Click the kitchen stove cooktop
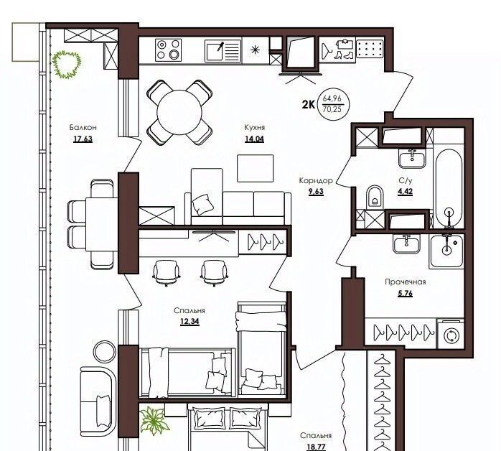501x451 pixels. pyautogui.click(x=168, y=50)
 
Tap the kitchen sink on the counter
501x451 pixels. pyautogui.click(x=223, y=51)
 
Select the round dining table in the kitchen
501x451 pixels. pyautogui.click(x=179, y=112)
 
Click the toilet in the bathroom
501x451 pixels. pyautogui.click(x=375, y=196)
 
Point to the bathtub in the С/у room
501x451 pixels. pyautogui.click(x=449, y=188)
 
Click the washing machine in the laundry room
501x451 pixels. pyautogui.click(x=451, y=335)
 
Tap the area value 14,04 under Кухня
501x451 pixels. pyautogui.click(x=254, y=139)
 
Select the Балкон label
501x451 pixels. pyautogui.click(x=83, y=128)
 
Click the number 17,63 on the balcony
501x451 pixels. pyautogui.click(x=83, y=139)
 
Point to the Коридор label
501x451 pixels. pyautogui.click(x=316, y=180)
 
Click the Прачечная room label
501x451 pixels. pyautogui.click(x=405, y=282)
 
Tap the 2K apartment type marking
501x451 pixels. pyautogui.click(x=309, y=104)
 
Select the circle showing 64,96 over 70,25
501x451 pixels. pyautogui.click(x=332, y=104)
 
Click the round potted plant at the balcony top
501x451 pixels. pyautogui.click(x=67, y=65)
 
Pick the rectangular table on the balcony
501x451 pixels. pyautogui.click(x=102, y=224)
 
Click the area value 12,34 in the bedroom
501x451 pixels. pyautogui.click(x=189, y=322)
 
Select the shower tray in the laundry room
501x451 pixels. pyautogui.click(x=446, y=251)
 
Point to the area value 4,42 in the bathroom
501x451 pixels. pyautogui.click(x=405, y=192)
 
